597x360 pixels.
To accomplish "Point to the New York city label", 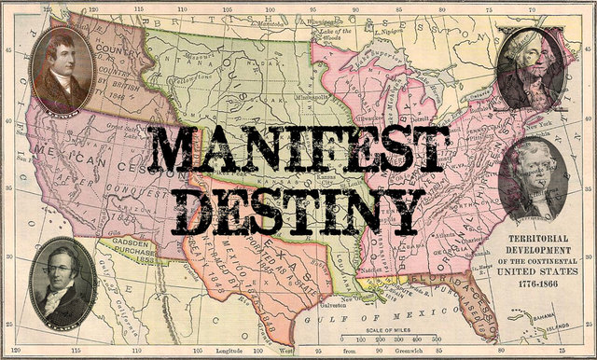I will tap(540, 122).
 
